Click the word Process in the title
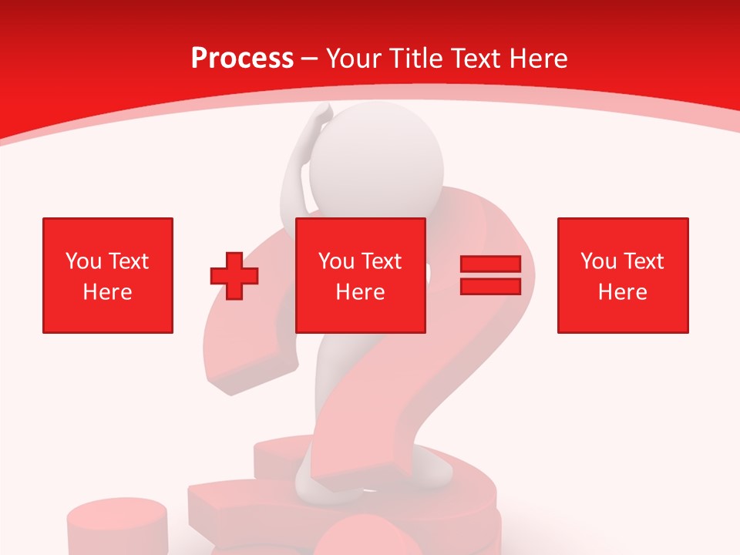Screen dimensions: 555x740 [242, 59]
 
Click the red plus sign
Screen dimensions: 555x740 [234, 275]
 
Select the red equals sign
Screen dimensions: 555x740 [490, 275]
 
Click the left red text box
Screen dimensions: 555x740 [108, 275]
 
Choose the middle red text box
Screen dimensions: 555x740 [360, 275]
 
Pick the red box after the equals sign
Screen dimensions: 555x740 [622, 275]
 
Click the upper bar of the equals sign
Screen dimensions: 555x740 [490, 264]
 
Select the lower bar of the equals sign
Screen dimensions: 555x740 [490, 287]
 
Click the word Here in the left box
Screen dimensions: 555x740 [107, 292]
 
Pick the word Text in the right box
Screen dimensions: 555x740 [643, 261]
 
